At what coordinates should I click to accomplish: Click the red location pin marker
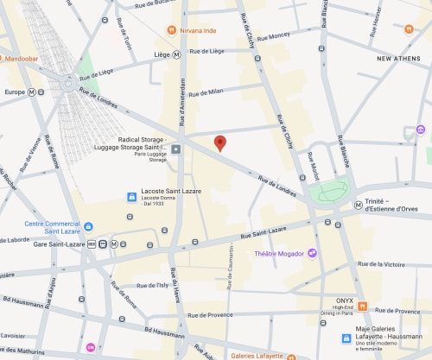click(x=219, y=143)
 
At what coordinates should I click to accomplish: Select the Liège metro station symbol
click(x=177, y=54)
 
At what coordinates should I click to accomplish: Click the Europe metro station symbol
click(x=32, y=92)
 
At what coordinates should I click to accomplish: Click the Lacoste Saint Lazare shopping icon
click(x=130, y=197)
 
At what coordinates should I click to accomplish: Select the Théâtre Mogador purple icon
click(x=313, y=252)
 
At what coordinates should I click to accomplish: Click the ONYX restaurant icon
click(x=363, y=306)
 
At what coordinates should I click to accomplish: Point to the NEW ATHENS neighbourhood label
click(x=399, y=58)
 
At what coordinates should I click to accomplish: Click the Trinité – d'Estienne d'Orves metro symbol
click(x=358, y=205)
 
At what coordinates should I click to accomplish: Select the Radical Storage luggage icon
click(x=176, y=149)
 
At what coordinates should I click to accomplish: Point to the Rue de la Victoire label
click(x=384, y=264)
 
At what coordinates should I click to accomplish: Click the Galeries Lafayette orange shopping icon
click(x=291, y=355)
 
